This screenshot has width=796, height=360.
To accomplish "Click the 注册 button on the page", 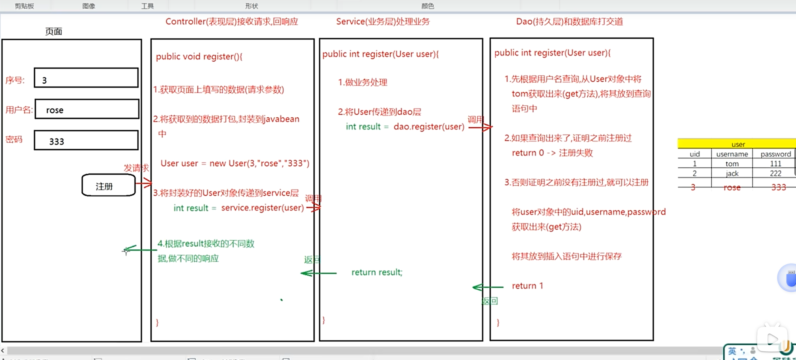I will point(108,185).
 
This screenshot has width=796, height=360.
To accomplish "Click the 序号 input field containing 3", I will point(86,78).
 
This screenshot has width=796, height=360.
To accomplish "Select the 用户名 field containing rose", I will point(87,109).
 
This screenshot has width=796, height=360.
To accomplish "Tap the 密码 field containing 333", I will point(86,140).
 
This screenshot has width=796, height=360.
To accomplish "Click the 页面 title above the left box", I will point(54,32).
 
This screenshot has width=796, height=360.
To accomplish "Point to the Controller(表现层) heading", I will point(231,22).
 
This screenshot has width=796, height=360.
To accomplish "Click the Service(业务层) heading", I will point(383,22).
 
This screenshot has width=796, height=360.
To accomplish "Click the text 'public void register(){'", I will point(199,57).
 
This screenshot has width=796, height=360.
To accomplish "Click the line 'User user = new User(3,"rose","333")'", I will point(235,163).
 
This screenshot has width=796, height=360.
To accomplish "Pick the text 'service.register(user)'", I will point(262,208).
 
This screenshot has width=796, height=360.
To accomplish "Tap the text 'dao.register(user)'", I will point(429,126).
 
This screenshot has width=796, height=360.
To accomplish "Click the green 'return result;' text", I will point(377,272).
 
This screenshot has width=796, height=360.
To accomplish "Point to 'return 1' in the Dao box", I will point(527,286).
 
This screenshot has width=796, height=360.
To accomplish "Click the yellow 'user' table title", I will point(738,144).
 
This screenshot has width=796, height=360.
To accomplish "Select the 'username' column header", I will point(732,154).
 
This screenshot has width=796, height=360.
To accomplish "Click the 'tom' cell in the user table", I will point(732,164).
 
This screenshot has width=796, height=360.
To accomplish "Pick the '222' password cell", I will point(775,173).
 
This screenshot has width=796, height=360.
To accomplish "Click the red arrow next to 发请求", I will point(144,183).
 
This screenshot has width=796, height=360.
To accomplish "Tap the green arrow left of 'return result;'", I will point(318,273).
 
